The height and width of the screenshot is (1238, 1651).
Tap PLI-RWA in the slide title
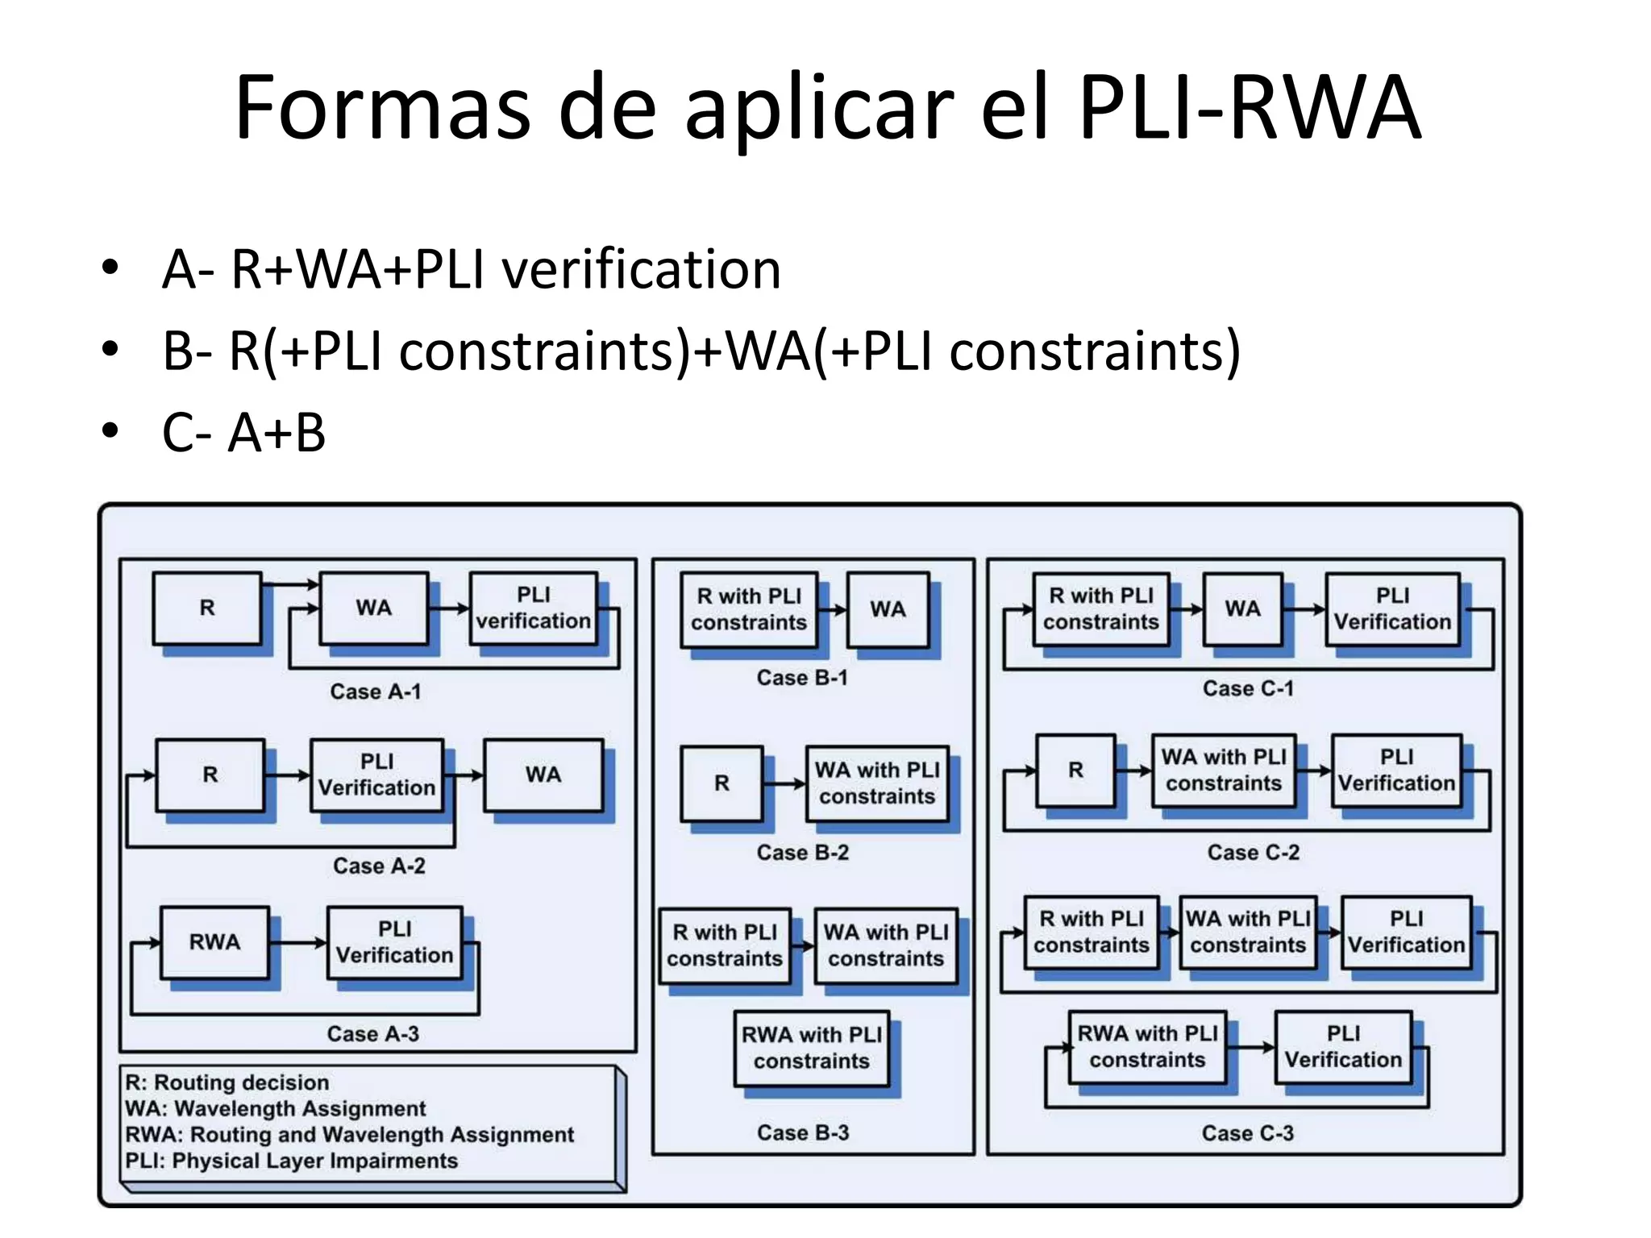tap(1249, 107)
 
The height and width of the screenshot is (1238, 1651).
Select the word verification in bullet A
tap(642, 269)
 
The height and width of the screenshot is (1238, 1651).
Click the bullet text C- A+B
tap(243, 433)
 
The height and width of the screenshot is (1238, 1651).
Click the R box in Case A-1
tap(207, 608)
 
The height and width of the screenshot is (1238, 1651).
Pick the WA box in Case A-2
tap(543, 775)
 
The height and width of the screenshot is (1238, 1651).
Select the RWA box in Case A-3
tap(214, 942)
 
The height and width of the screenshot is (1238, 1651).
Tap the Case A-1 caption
tap(376, 692)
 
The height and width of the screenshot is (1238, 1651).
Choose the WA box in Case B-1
tap(888, 609)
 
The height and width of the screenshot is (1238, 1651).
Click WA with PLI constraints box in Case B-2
tap(877, 783)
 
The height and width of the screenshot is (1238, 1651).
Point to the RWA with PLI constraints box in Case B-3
tap(811, 1048)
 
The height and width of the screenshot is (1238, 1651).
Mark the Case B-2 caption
tap(803, 853)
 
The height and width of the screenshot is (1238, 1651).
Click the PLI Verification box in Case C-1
tap(1392, 609)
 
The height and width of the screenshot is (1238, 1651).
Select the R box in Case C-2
tap(1075, 771)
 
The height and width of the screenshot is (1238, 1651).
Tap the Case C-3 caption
tap(1247, 1133)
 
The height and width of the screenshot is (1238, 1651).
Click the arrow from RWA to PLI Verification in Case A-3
tap(298, 942)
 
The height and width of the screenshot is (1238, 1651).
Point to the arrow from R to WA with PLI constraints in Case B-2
tap(784, 783)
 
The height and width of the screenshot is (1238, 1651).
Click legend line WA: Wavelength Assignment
tap(276, 1109)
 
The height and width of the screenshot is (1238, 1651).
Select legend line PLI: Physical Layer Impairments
tap(292, 1161)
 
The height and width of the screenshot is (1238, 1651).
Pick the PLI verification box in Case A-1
tap(533, 608)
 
